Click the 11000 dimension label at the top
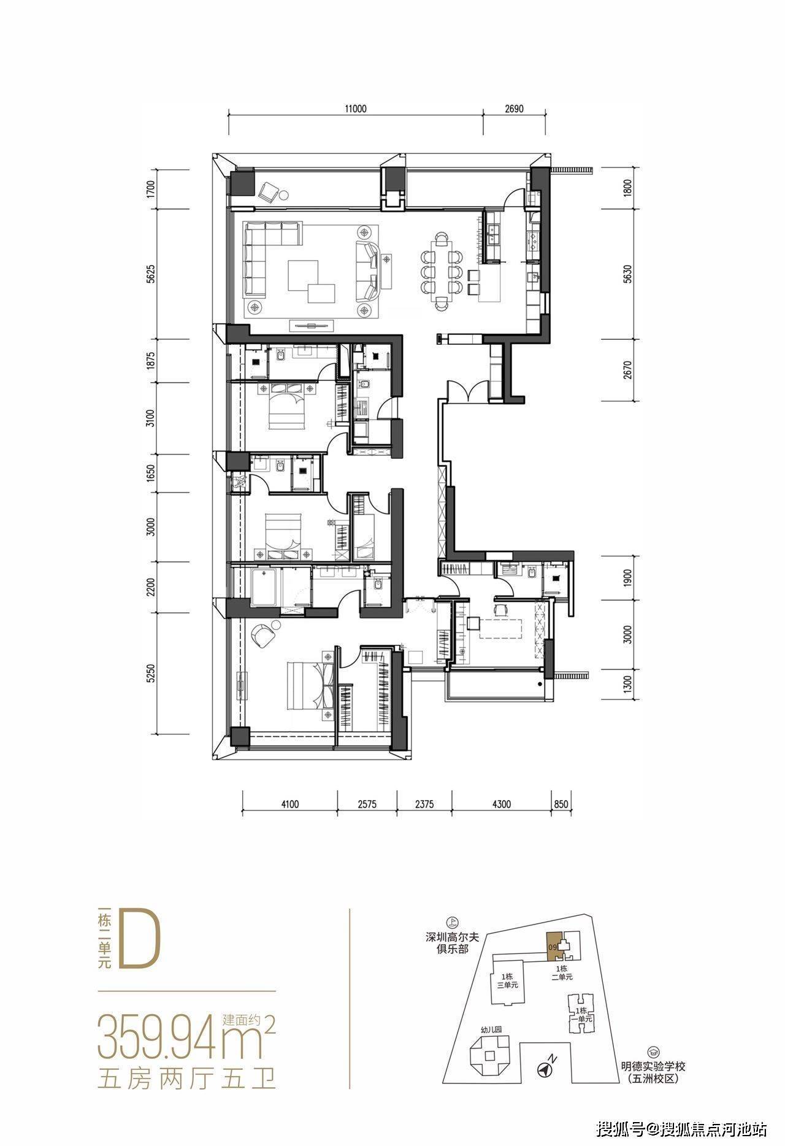(x=355, y=109)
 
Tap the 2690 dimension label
(x=514, y=109)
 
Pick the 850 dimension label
(x=561, y=804)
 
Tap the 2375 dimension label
(x=424, y=804)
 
